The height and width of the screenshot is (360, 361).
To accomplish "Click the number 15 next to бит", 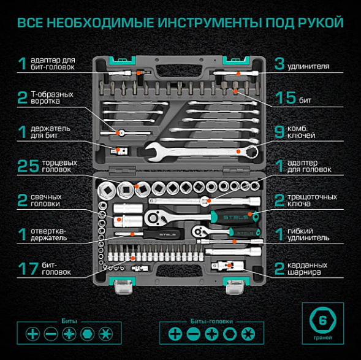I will pos(284,98).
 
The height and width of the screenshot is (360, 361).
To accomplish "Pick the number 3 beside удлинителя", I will pos(279,64).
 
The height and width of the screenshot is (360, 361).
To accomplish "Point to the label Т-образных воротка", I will pos(52,98).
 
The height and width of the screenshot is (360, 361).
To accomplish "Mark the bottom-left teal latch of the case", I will pos(120,283).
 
